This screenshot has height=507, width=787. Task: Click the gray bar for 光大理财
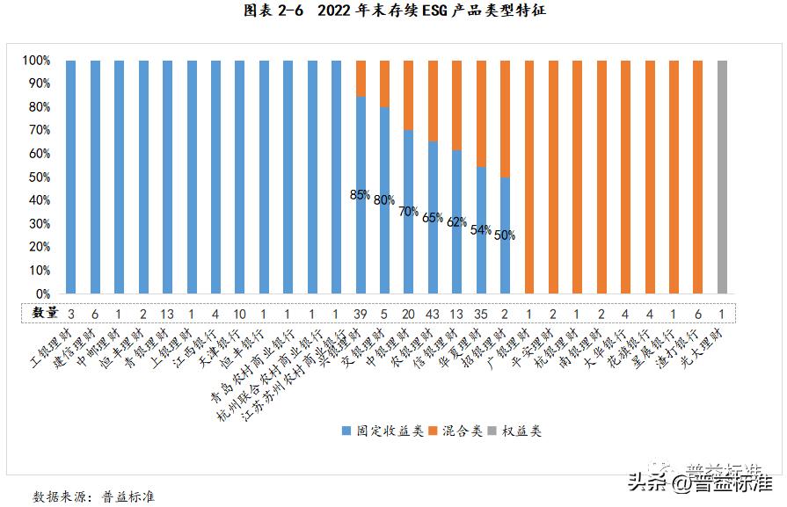pyautogui.click(x=723, y=177)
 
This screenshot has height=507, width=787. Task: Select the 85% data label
pyautogui.click(x=360, y=195)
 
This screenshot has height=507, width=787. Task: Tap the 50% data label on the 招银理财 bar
pyautogui.click(x=505, y=235)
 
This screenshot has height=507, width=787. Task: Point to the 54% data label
pyautogui.click(x=481, y=230)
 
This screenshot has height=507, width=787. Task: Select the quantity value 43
pyautogui.click(x=432, y=313)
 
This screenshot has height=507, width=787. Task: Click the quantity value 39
pyautogui.click(x=360, y=313)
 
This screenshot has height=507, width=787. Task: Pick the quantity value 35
pyautogui.click(x=480, y=313)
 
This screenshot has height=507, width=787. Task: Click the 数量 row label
pyautogui.click(x=46, y=313)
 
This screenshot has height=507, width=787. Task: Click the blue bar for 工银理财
pyautogui.click(x=70, y=177)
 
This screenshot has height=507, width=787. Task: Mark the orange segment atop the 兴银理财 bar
pyautogui.click(x=361, y=78)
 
